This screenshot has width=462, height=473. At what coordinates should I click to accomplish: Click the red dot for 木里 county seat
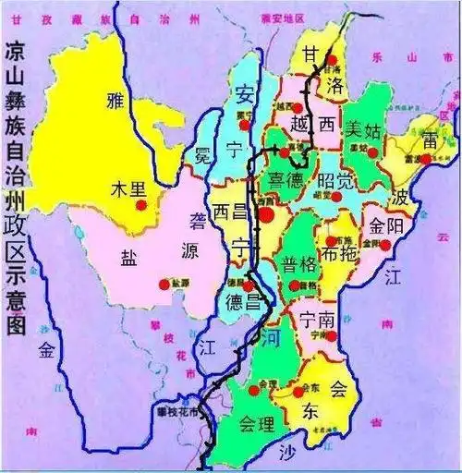140,204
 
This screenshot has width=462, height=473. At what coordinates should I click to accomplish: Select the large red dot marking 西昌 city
266,214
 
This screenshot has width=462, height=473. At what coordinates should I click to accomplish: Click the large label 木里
128,188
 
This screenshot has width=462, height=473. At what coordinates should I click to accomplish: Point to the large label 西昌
231,212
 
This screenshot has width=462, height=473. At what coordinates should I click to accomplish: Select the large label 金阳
386,225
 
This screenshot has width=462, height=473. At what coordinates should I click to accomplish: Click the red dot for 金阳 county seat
386,244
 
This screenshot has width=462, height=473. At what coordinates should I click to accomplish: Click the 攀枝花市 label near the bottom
176,411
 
